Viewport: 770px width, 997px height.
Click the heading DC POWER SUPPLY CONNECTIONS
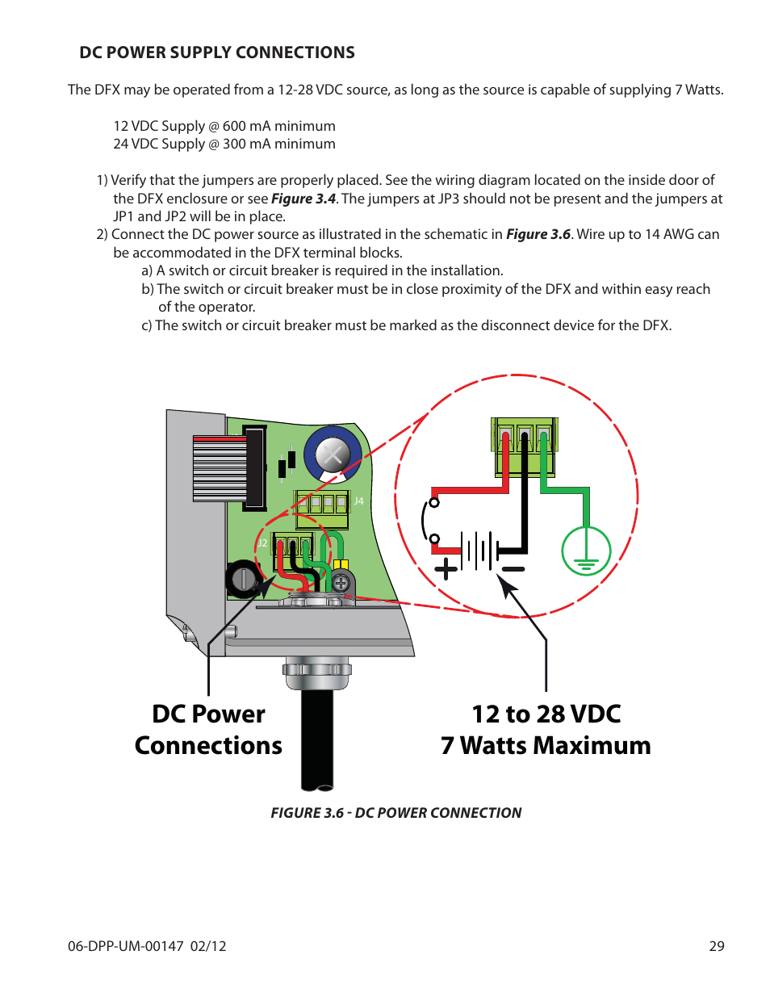pos(216,52)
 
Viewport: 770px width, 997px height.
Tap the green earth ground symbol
pos(586,551)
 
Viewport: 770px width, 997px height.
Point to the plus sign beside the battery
pos(446,570)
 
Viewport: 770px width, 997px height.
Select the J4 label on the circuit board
pos(358,501)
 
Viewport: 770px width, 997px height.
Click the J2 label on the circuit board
pos(262,543)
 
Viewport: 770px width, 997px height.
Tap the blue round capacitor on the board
pos(333,455)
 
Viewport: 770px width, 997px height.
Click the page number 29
pos(716,946)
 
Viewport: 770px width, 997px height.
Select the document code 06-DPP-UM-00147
pos(126,946)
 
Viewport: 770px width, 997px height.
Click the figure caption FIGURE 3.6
pos(395,813)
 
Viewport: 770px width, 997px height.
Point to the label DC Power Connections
pos(208,730)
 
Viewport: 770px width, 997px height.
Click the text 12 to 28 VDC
pos(546,714)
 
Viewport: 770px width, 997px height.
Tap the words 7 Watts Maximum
pos(546,746)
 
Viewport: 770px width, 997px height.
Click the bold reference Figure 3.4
pos(303,199)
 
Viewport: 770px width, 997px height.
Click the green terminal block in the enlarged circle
pos(525,447)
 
